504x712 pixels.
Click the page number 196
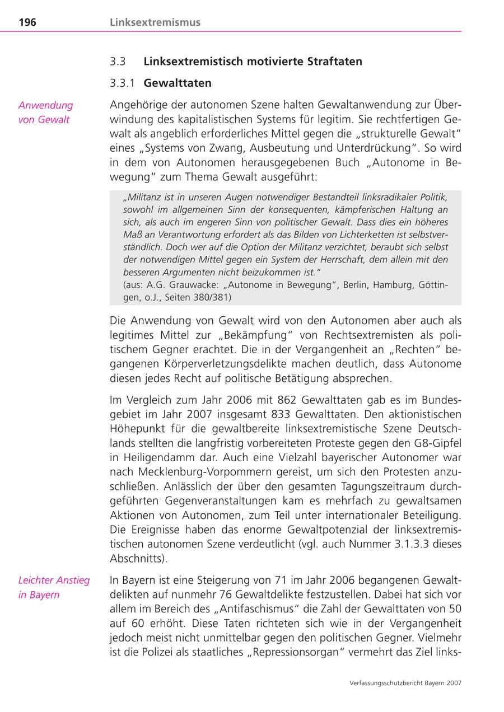pyautogui.click(x=27, y=22)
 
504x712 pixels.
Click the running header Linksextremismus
pyautogui.click(x=155, y=22)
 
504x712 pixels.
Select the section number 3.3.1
pyautogui.click(x=123, y=83)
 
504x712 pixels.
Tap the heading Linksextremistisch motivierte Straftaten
pyautogui.click(x=253, y=61)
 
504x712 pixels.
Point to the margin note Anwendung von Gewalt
pyautogui.click(x=45, y=112)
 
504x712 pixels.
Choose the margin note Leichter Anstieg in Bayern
pyautogui.click(x=54, y=587)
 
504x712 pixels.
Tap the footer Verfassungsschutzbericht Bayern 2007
pyautogui.click(x=405, y=683)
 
